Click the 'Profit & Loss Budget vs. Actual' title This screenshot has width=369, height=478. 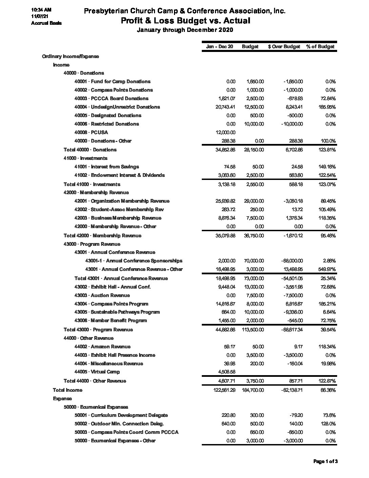tap(186, 21)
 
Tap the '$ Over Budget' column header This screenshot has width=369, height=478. tap(284, 47)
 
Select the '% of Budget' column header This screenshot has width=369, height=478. tap(320, 47)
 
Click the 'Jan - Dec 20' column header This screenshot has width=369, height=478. tap(219, 47)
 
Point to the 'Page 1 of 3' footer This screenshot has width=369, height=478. tap(325, 461)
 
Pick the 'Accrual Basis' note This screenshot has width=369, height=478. tap(46, 23)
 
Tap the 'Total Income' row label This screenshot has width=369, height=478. tap(67, 390)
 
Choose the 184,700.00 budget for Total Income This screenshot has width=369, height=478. tap(253, 390)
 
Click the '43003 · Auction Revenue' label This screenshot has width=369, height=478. tap(102, 295)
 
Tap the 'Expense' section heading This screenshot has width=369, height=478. tap(62, 399)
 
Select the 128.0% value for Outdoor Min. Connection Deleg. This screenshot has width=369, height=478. tap(328, 424)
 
